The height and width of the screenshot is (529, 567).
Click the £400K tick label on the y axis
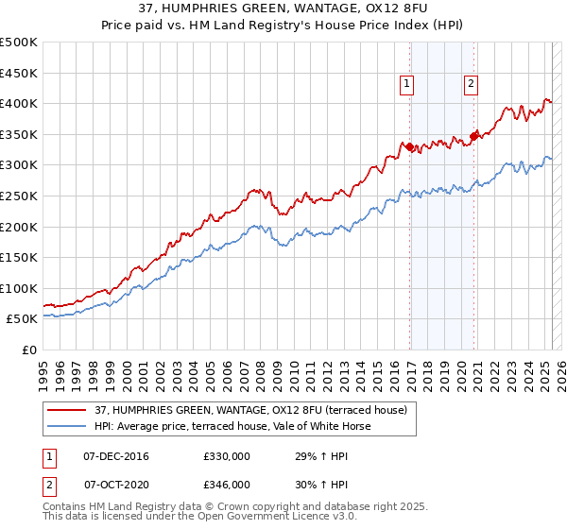tap(19, 103)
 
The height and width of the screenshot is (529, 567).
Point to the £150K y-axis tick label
tap(19, 257)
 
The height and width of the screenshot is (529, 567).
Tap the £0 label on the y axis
tap(29, 350)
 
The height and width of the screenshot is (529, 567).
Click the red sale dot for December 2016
tap(409, 146)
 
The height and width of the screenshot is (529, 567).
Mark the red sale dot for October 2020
tap(473, 137)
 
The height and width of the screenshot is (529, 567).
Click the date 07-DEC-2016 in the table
tap(116, 457)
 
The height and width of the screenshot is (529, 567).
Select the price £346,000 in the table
tap(227, 484)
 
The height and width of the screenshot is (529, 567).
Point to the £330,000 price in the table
tap(227, 457)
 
